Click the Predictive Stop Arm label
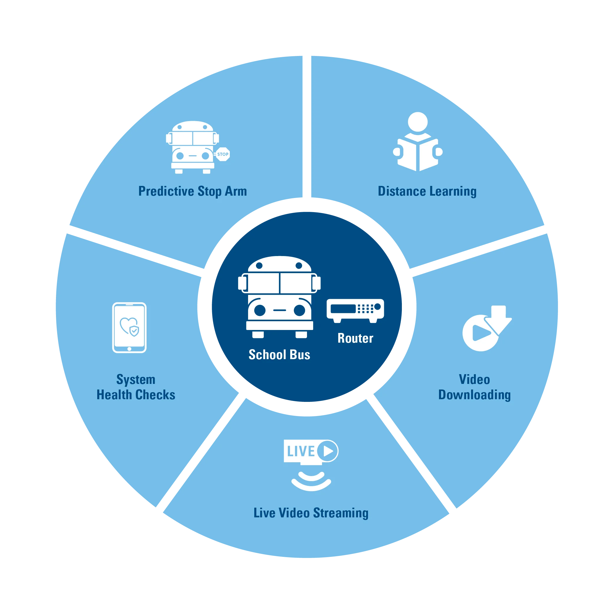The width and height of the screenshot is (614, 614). (x=193, y=191)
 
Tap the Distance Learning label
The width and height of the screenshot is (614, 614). (x=427, y=191)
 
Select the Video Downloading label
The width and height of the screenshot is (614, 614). (x=474, y=387)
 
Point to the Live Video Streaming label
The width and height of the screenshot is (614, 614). (x=311, y=513)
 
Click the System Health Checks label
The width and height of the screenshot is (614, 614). (x=136, y=387)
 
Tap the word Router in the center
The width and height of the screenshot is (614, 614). (x=355, y=338)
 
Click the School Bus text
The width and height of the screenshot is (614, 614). (x=279, y=355)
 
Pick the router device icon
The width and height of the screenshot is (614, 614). (x=355, y=310)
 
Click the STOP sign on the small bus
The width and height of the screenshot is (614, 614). (x=223, y=154)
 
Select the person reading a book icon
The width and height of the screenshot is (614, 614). (x=417, y=143)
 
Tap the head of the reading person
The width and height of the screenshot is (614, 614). (x=417, y=122)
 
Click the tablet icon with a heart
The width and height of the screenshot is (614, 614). (x=129, y=327)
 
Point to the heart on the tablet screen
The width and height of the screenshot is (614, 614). (x=128, y=325)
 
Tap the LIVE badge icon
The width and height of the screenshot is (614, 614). (x=311, y=451)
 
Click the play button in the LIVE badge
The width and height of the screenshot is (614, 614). (x=328, y=451)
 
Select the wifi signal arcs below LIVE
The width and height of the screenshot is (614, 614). (x=311, y=481)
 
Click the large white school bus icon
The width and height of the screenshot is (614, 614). (x=279, y=297)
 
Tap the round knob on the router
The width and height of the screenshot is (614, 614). (x=377, y=307)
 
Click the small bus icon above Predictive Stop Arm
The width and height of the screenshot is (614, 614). (x=193, y=147)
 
